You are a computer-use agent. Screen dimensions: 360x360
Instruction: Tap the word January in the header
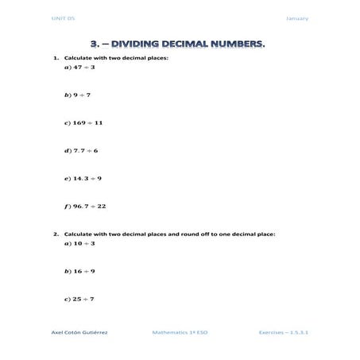(297, 18)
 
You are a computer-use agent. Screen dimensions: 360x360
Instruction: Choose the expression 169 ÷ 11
(85, 123)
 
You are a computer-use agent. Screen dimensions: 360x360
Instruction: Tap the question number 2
(55, 234)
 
